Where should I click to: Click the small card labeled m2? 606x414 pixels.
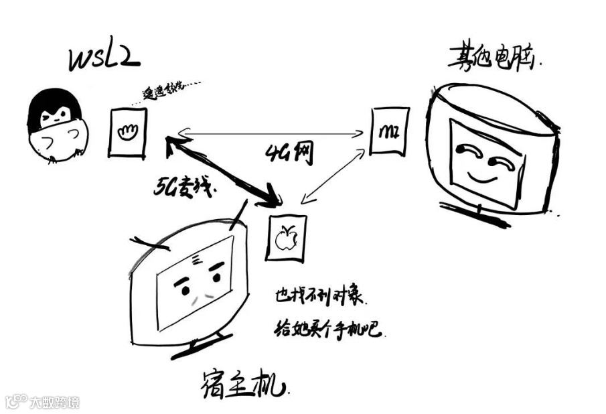click(x=388, y=131)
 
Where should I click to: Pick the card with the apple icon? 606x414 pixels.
click(x=286, y=238)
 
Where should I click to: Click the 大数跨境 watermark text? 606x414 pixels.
click(x=54, y=403)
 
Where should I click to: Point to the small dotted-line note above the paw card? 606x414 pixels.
click(x=171, y=92)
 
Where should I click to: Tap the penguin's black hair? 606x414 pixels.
click(x=54, y=107)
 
